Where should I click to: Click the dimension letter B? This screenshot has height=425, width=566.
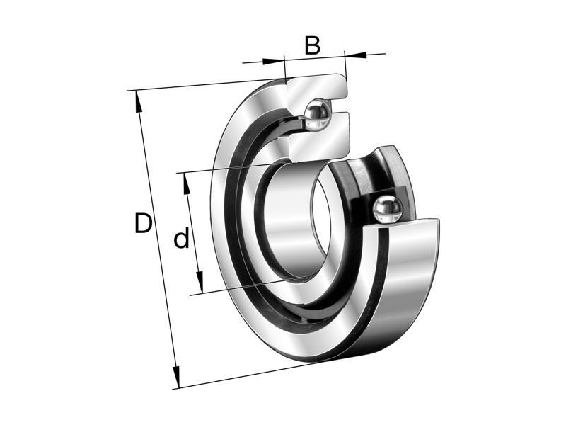pos(313,45)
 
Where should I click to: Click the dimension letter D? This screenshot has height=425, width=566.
pos(143,223)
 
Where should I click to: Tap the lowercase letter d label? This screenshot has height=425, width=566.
pos(181,238)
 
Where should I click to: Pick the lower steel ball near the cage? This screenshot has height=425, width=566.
pos(387,210)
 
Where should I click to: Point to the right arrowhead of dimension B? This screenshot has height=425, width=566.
pos(356,55)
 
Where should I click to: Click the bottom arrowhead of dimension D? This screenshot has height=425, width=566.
pos(176,378)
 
